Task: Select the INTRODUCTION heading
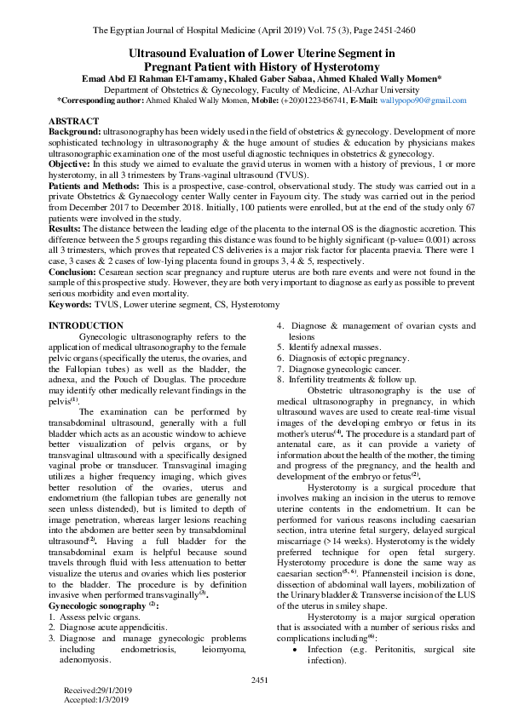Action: (86, 302)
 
